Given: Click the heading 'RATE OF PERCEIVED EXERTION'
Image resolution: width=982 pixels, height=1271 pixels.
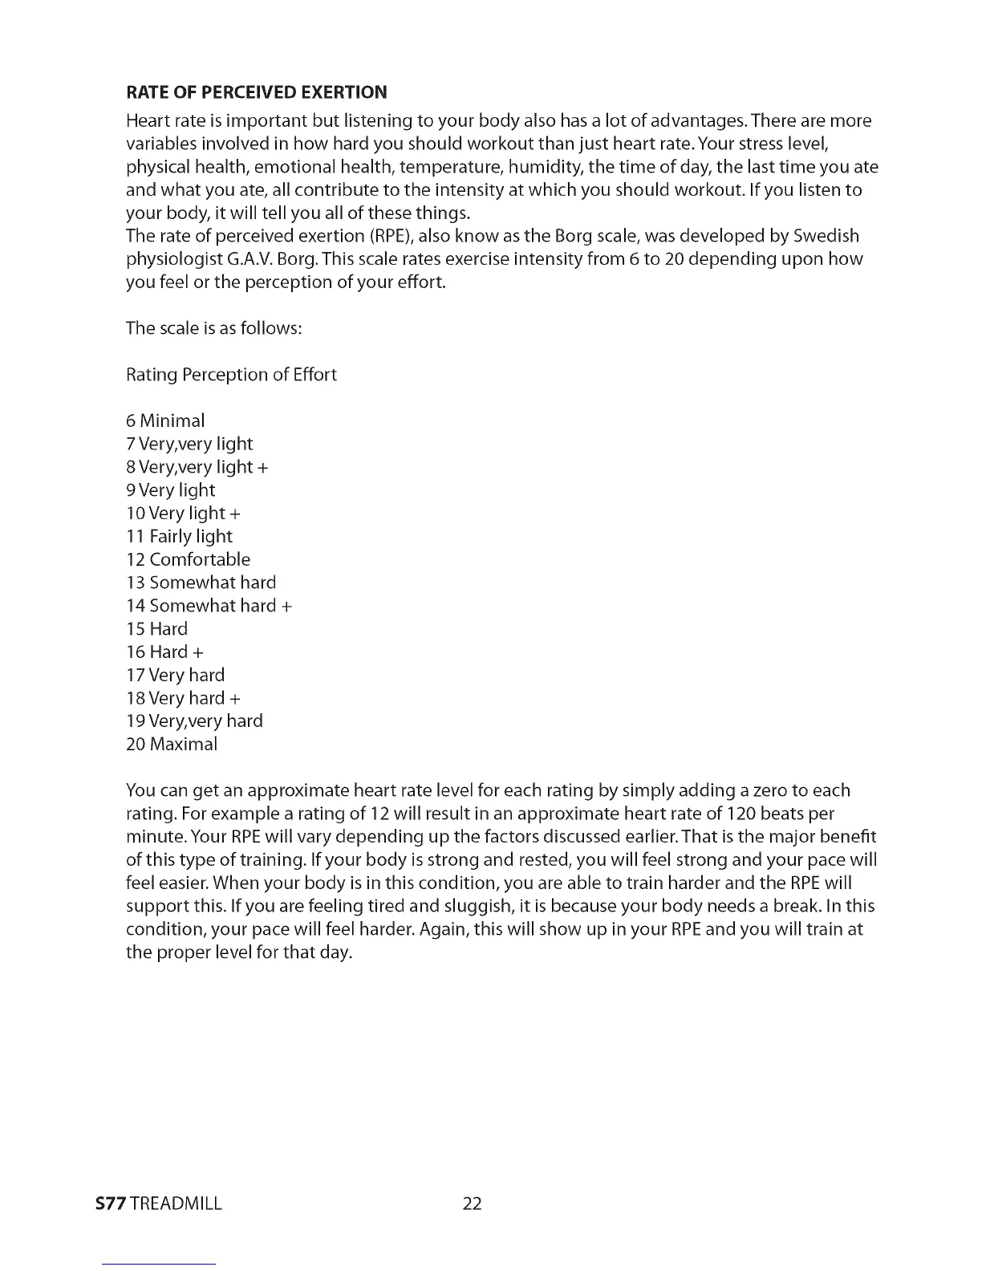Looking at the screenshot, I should [257, 91].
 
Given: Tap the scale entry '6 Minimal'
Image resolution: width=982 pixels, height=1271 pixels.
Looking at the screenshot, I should [165, 420].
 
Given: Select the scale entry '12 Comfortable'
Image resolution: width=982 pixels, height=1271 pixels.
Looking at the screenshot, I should [188, 559].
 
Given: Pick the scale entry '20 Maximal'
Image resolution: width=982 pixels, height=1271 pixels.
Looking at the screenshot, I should [172, 744].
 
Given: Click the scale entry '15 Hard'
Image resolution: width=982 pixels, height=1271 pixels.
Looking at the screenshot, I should [156, 628].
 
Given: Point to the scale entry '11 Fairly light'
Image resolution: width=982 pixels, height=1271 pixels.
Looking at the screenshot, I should [179, 536].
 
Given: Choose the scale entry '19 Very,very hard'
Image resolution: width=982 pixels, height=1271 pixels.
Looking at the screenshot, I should [194, 721].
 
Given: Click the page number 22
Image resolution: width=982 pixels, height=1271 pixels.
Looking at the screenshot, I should [472, 1204].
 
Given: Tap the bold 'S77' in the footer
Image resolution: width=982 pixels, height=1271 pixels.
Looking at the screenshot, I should [110, 1204].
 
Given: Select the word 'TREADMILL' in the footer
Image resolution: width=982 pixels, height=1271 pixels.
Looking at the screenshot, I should [176, 1204].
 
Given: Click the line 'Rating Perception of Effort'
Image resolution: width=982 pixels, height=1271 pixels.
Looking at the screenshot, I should [231, 375].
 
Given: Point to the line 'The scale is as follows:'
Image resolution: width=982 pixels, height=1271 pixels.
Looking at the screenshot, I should [213, 328].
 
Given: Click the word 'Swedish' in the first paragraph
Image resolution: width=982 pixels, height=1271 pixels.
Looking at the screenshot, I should [826, 236].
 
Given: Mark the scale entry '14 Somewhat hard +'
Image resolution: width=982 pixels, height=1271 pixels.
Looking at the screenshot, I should [209, 606].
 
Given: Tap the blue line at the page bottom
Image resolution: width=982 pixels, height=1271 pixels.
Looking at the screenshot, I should [159, 1264].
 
